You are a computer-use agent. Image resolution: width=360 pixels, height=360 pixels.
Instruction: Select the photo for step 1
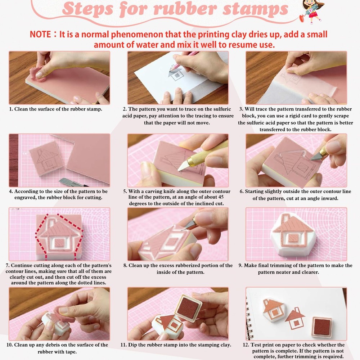[59, 78]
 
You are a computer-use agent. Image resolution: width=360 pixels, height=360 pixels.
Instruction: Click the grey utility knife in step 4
[68, 182]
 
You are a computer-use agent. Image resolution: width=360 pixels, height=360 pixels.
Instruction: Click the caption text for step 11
[176, 345]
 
